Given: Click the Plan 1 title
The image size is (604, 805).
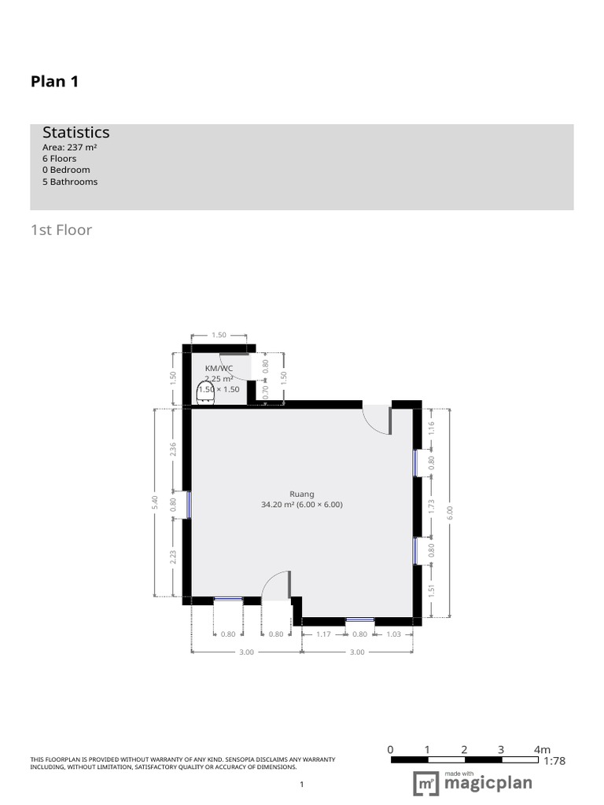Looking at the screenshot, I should [54, 81].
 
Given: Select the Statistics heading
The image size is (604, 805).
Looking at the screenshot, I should [75, 133].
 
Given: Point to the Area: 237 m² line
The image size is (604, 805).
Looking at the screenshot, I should [69, 147].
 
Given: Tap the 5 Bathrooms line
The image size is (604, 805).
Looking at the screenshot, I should [70, 182].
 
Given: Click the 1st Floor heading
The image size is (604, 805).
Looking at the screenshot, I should [61, 230].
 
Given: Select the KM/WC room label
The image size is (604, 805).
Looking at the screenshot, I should [219, 368].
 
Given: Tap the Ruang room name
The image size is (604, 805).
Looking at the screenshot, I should [302, 494].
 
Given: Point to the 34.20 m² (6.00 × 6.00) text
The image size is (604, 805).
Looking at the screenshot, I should [302, 505].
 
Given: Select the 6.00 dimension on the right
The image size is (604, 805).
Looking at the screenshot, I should [450, 511].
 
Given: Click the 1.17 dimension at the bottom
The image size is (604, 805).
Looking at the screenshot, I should [322, 634].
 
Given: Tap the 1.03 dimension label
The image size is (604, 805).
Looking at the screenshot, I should [394, 634].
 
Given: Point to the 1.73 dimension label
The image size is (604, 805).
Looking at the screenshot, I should [431, 506].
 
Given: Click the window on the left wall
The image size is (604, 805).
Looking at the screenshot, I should [189, 505].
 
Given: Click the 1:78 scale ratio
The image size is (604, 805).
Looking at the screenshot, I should [554, 760].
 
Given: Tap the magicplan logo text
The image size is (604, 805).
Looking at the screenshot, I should [488, 784].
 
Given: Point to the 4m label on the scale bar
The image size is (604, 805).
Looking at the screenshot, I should [542, 749].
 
